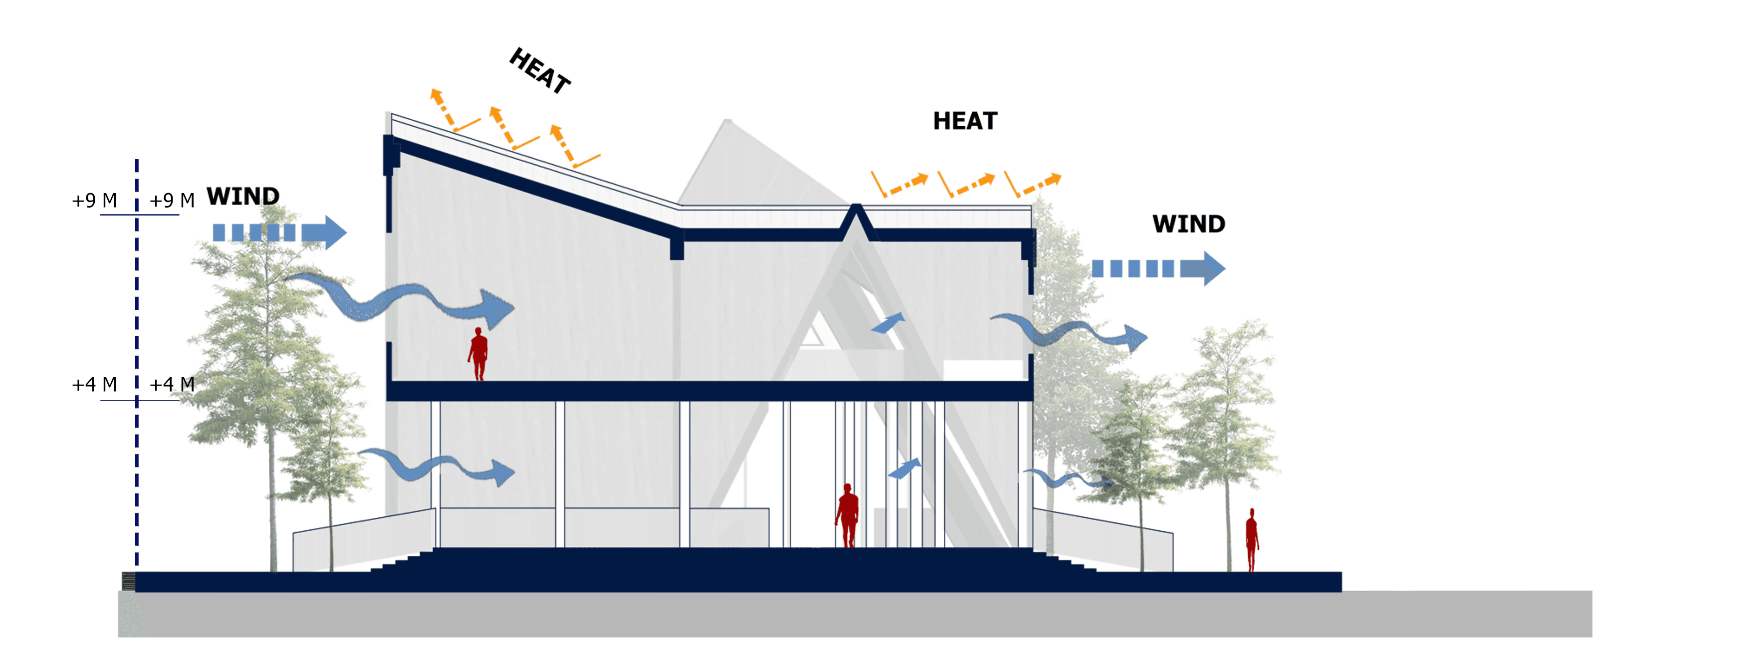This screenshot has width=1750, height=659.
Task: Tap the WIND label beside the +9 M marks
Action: (x=242, y=197)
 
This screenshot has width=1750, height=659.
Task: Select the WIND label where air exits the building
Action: (x=1188, y=224)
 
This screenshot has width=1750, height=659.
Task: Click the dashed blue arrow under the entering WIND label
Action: (x=278, y=233)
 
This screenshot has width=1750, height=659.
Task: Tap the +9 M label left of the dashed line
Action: (x=94, y=201)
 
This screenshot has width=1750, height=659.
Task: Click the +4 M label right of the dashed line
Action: (x=172, y=385)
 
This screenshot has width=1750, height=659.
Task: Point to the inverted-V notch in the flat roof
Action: (x=858, y=220)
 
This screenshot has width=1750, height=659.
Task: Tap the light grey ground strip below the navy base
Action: (x=856, y=614)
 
